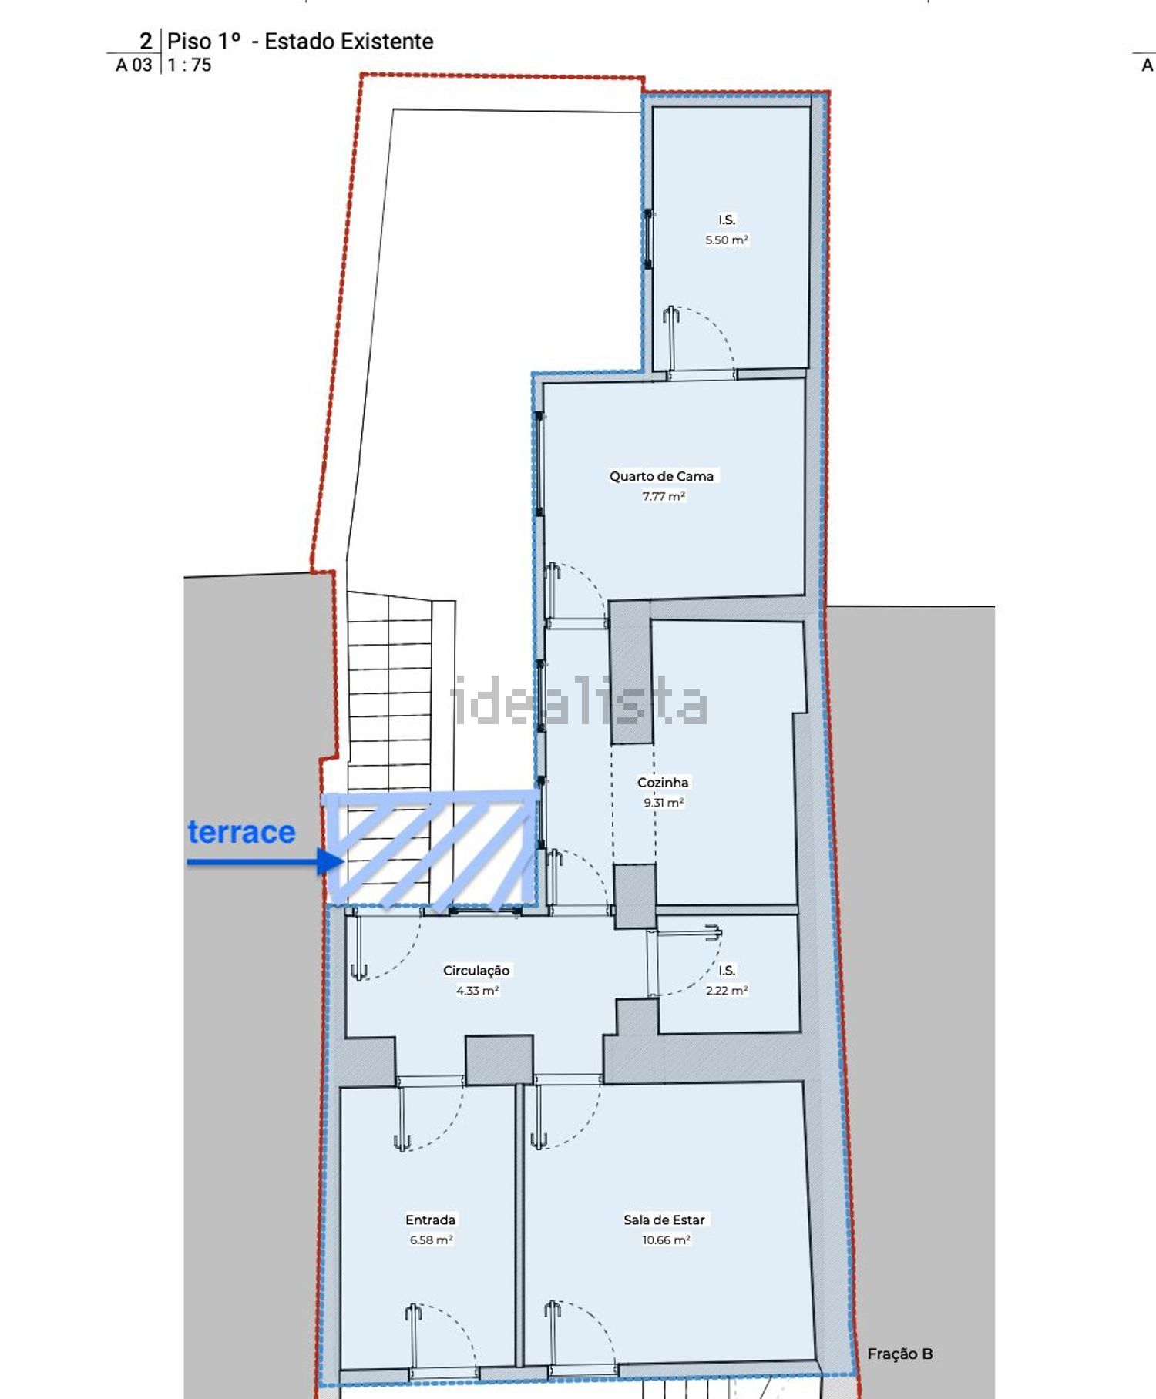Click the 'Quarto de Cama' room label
(x=661, y=476)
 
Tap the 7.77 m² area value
(x=664, y=496)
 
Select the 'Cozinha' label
(x=663, y=782)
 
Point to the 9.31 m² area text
(x=664, y=802)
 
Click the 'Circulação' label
(x=476, y=971)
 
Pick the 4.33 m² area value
(x=477, y=991)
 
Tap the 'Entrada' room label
(x=431, y=1220)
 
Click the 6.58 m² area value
(x=431, y=1240)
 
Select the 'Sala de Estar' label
(x=664, y=1220)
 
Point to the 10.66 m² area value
(x=666, y=1240)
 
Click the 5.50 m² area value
(x=727, y=240)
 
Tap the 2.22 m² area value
(x=727, y=991)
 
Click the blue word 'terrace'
(x=241, y=832)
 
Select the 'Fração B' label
(x=900, y=1354)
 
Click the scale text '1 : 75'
(x=190, y=65)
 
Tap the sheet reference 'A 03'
(x=134, y=65)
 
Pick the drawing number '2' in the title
(x=146, y=41)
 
